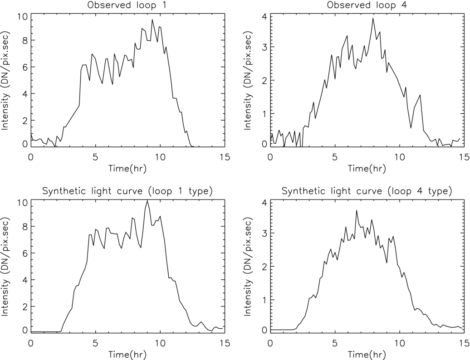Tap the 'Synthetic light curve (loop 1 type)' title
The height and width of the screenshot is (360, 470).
127,191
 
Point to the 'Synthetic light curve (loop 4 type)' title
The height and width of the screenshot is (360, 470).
367,191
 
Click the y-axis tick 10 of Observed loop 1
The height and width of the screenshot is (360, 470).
21,17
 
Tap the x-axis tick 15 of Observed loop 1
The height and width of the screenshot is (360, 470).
225,157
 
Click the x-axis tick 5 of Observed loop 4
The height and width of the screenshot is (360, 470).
335,157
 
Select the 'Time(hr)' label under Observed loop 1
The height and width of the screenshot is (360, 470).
127,168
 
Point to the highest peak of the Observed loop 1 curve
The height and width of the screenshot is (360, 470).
152,19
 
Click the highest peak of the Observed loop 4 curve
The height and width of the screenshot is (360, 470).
373,18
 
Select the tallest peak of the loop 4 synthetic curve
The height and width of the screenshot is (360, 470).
357,210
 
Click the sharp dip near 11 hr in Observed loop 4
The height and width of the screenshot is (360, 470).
411,128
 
